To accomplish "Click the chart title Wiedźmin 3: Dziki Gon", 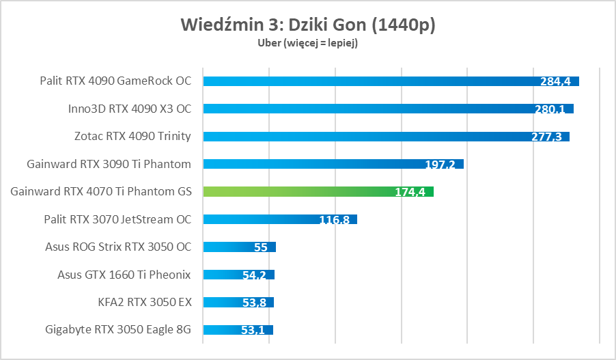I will tap(308, 25).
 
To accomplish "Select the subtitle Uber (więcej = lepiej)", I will tap(308, 43).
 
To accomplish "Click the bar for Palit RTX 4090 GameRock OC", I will tap(369, 81).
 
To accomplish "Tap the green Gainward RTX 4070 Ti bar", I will tap(300, 191).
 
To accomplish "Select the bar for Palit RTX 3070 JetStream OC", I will tap(260, 219).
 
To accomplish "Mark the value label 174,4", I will tap(410, 192).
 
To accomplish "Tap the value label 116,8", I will tap(335, 220).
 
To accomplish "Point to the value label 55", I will tap(260, 247).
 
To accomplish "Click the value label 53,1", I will tap(253, 330).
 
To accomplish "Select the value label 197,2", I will tap(440, 165).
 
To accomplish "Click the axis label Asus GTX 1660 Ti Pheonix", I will tap(124, 275).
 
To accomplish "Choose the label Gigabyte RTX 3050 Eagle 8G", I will tap(118, 330).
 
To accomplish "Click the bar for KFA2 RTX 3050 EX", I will tap(222, 302).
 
